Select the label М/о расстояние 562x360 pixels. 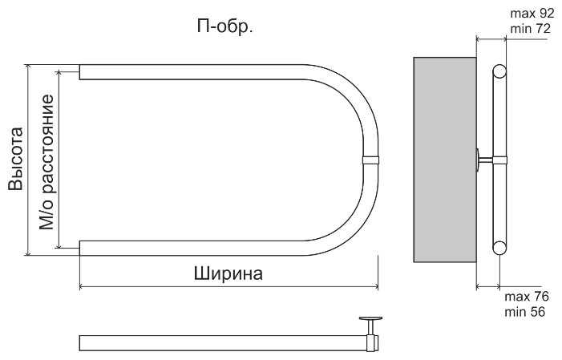[47, 161]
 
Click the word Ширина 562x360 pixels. [228, 273]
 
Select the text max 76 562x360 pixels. [526, 297]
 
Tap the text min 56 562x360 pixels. [525, 312]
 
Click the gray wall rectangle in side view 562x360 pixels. [444, 160]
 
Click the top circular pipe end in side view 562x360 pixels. [499, 71]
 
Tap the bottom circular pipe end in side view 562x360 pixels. [499, 248]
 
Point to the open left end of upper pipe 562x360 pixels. [81, 71]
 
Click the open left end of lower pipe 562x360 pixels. [81, 248]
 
